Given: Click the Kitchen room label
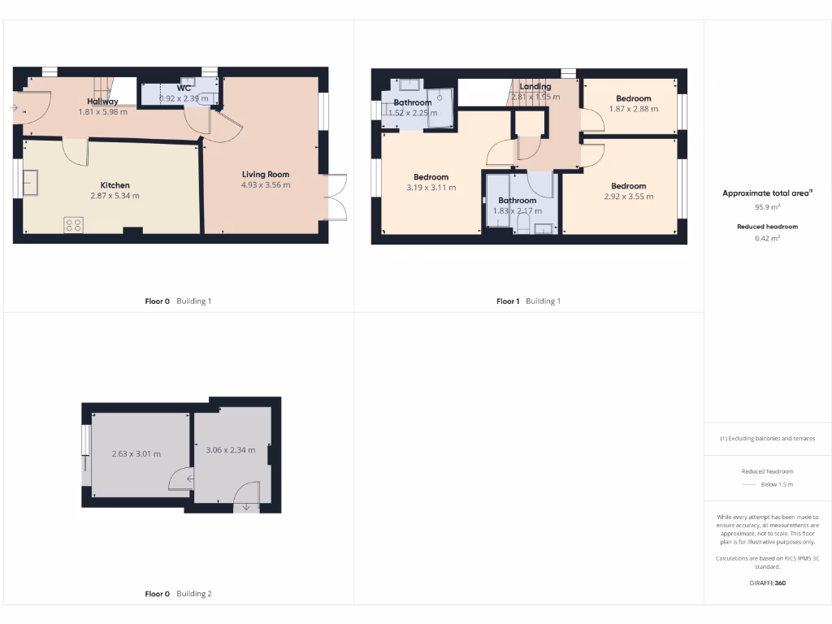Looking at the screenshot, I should [x=115, y=185].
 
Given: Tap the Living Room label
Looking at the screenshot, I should [x=265, y=174].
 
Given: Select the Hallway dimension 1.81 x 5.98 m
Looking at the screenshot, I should [x=103, y=112].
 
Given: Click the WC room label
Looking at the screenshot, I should [x=184, y=88].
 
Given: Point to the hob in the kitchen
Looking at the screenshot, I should [x=73, y=225].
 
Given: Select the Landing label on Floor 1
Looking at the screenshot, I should [x=535, y=86].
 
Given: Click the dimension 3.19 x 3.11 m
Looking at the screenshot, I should [x=431, y=188].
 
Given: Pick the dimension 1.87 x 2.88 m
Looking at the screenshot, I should [x=633, y=109].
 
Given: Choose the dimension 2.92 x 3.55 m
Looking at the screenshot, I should [x=628, y=197].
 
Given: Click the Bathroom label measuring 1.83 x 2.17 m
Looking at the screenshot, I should [x=517, y=201].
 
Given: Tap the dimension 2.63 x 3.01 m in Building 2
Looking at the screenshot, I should [x=136, y=453].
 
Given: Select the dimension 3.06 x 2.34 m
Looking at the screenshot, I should [x=231, y=450].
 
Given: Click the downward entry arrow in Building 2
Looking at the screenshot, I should [x=247, y=508].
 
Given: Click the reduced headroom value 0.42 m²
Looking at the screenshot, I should [x=768, y=238].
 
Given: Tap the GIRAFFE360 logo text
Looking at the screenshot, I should [x=768, y=583].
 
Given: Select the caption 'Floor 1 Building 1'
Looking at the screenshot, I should [x=528, y=301].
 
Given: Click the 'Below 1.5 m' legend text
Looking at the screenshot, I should [x=777, y=484].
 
